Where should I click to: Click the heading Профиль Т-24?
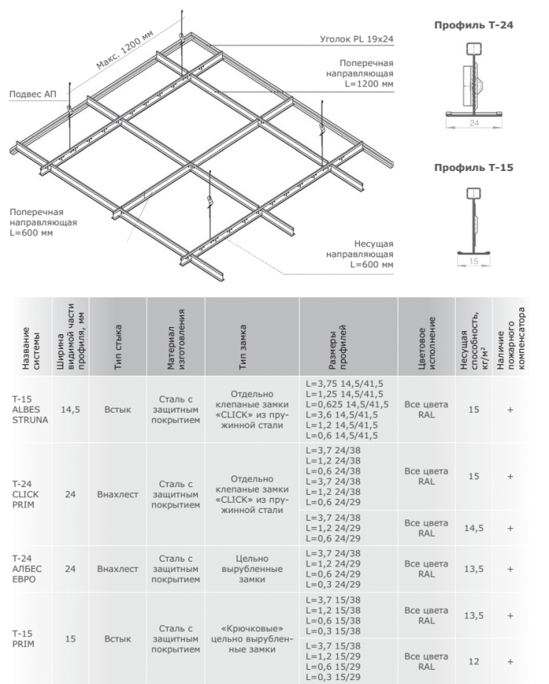(474, 25)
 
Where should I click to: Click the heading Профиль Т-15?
(474, 168)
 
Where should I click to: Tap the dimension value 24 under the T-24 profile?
(473, 123)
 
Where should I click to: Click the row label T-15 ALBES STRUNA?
(30, 409)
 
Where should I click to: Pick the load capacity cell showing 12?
(473, 662)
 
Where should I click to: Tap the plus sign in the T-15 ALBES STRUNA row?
(511, 409)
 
